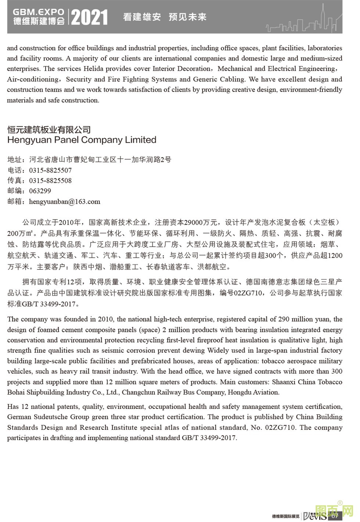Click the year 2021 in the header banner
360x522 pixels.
[x=89, y=17]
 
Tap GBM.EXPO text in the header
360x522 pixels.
[x=39, y=12]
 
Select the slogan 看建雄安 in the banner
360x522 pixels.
[x=142, y=17]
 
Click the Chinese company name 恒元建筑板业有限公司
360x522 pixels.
[x=49, y=130]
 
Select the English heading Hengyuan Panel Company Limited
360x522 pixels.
[x=82, y=140]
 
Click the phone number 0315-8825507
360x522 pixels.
[x=50, y=170]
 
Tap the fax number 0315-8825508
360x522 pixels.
[x=50, y=181]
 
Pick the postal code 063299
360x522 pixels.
[x=40, y=191]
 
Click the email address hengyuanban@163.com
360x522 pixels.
[x=64, y=202]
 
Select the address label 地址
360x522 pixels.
[x=15, y=160]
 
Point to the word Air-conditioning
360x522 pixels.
[x=33, y=79]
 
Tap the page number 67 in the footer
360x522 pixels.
[x=334, y=516]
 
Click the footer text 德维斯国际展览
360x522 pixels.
[x=285, y=516]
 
